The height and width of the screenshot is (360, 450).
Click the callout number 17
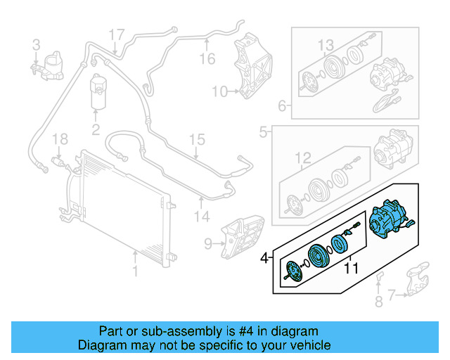(x=116, y=34)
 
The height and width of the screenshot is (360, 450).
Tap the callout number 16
(x=206, y=58)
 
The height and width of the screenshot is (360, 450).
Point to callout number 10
(x=219, y=91)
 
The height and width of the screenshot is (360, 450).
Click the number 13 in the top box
(x=325, y=46)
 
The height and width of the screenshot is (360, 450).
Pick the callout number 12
(x=302, y=157)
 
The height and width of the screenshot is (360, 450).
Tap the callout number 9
(x=208, y=244)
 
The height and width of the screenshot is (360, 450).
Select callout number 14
(x=202, y=217)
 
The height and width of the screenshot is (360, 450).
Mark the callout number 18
(x=60, y=138)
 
